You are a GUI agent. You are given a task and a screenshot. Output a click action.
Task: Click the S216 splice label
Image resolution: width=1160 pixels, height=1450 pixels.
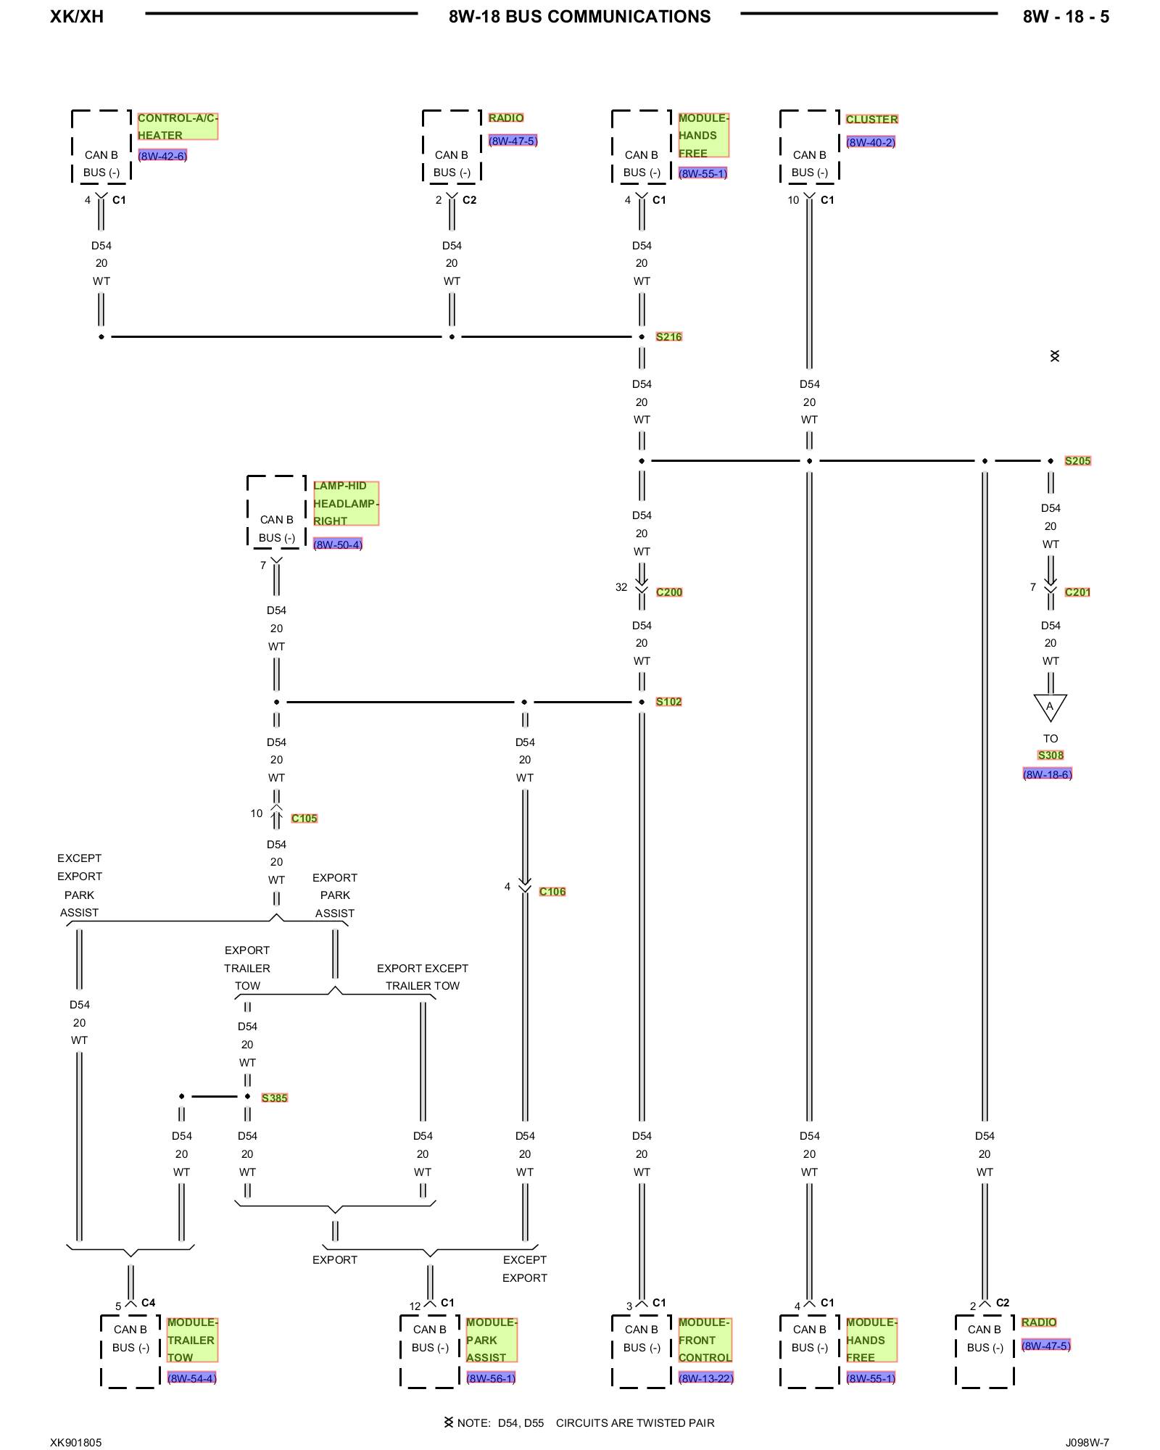pos(668,336)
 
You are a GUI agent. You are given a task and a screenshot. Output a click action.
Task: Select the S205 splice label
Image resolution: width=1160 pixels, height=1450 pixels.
pos(1077,461)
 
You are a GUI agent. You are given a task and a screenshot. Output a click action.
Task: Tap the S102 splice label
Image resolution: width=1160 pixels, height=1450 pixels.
pos(668,702)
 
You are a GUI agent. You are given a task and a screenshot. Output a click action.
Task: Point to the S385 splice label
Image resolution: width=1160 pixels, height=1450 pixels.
pos(274,1098)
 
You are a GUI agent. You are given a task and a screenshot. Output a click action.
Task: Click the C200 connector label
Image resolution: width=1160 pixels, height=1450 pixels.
pos(668,592)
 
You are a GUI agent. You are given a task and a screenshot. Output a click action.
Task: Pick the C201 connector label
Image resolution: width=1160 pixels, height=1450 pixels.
pos(1077,592)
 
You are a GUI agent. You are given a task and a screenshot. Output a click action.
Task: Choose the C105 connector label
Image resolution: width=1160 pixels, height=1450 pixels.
pos(304,819)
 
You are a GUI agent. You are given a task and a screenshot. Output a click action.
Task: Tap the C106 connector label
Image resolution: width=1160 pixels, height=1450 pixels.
pos(552,892)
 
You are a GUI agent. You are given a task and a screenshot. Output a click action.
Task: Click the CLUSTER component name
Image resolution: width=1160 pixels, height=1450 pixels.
pos(871,119)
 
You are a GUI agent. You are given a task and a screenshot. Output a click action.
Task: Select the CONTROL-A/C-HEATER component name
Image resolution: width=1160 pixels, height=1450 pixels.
pos(177,126)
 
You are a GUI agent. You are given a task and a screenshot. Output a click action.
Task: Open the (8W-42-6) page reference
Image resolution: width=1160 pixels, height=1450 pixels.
pos(162,156)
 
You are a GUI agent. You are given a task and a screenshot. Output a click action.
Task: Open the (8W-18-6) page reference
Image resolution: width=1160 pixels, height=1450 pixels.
pos(1047,774)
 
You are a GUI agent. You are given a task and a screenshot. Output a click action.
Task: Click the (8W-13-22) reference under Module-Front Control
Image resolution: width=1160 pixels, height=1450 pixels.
pos(705,1378)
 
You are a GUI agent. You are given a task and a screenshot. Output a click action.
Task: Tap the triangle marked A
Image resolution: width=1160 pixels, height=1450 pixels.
pos(1050,706)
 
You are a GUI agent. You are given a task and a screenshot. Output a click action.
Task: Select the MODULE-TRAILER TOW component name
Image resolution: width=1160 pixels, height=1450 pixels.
pos(191,1340)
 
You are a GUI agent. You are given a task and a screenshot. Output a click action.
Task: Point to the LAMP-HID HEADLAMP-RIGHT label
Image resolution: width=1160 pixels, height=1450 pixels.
pos(345,503)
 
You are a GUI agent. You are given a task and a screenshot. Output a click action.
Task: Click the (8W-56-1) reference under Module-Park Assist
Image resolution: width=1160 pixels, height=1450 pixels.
pos(491,1378)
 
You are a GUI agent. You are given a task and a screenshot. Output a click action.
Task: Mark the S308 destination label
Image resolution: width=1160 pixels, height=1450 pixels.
pos(1050,755)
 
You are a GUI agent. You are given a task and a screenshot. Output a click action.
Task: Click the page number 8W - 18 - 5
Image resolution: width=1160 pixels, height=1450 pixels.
pos(1065,17)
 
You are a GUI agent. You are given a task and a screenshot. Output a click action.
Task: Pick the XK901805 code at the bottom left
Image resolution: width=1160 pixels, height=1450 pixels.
pos(76,1443)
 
